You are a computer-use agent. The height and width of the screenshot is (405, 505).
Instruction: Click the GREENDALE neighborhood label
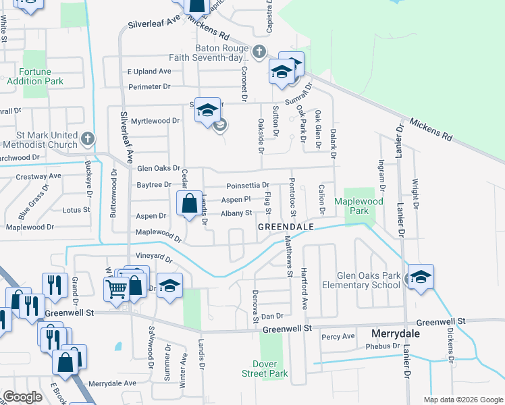pos(286,227)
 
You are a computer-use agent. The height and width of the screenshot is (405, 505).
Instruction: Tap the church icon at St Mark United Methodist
pos(87,139)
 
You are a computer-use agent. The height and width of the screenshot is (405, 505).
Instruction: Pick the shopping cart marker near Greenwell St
pos(116,288)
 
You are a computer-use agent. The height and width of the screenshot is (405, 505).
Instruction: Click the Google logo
pos(22,397)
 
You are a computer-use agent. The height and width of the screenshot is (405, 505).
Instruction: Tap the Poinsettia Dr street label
pos(247,185)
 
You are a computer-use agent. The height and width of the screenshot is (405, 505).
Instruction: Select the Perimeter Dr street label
pos(149,86)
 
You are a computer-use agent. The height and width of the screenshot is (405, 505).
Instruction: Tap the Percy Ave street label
pos(338,336)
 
